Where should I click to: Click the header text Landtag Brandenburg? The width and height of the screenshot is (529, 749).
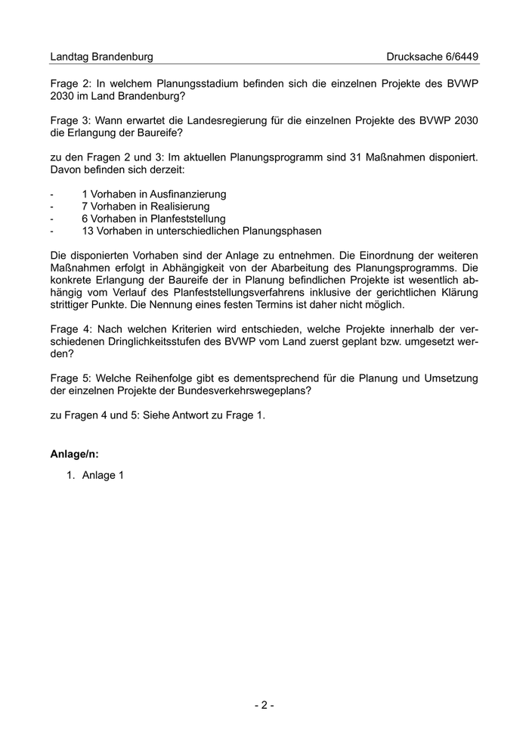point(101,57)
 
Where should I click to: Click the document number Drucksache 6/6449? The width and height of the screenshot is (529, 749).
point(432,57)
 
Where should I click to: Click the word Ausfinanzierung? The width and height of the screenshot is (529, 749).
point(187,194)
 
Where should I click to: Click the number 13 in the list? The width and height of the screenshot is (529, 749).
point(88,231)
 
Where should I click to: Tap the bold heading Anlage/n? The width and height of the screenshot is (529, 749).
point(75,455)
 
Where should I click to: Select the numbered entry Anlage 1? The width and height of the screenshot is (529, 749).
point(102,475)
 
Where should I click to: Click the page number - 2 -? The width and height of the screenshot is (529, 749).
point(264,705)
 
